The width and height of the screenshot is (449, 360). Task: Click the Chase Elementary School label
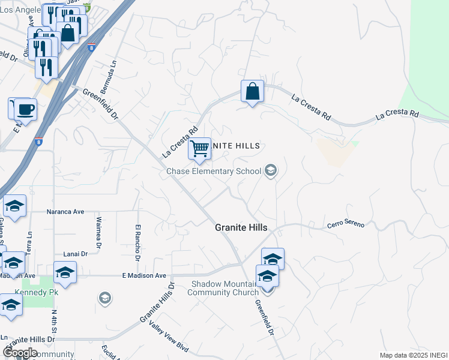click(214, 172)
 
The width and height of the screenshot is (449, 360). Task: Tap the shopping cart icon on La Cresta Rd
click(199, 148)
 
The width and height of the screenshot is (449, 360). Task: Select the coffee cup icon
click(25, 109)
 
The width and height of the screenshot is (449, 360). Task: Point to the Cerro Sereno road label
click(346, 224)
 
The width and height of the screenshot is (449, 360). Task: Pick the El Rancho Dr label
click(137, 242)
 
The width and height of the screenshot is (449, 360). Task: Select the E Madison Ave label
click(143, 276)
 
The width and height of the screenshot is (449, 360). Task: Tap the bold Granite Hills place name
click(241, 229)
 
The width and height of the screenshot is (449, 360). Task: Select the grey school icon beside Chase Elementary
click(270, 172)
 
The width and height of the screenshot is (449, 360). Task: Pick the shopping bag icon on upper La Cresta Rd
click(253, 92)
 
